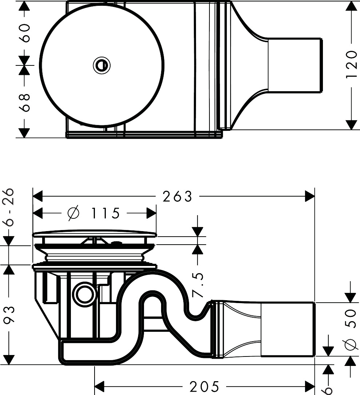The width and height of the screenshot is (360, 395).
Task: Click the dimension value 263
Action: point(177,197)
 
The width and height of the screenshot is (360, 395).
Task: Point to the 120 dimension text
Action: point(351,65)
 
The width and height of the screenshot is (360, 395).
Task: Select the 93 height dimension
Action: point(9,315)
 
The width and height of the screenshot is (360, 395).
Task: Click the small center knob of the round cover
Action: point(101,65)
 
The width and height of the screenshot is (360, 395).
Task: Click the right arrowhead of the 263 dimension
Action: point(309,197)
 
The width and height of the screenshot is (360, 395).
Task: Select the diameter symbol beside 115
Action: point(73,213)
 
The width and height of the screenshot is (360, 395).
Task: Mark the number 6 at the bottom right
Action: point(328,390)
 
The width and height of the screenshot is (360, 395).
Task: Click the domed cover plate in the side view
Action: point(95,233)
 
